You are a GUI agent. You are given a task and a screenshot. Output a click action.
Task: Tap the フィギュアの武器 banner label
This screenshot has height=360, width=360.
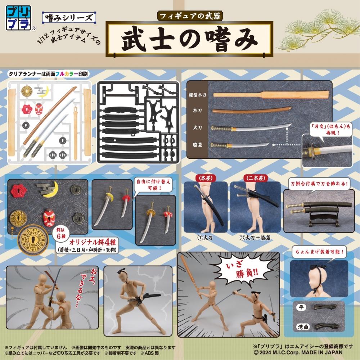tap(190, 17)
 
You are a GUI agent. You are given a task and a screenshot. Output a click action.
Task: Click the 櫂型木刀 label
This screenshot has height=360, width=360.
tap(197, 95)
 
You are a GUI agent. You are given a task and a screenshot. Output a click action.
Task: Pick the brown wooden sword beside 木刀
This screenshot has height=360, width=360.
tap(252, 110)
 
